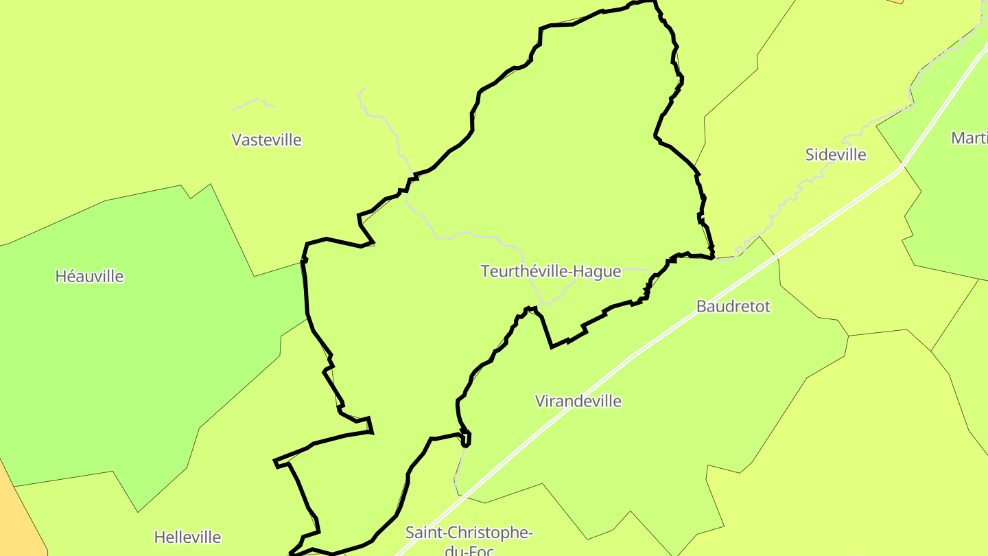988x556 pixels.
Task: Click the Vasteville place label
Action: click(x=266, y=140)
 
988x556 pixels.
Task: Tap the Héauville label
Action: click(x=89, y=277)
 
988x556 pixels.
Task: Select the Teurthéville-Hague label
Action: click(x=551, y=272)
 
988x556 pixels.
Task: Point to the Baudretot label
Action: click(x=733, y=307)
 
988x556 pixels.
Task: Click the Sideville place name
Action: click(x=835, y=155)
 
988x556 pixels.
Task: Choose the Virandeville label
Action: click(x=578, y=402)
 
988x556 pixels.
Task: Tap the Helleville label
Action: click(x=187, y=537)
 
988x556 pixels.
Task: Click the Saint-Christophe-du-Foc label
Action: click(x=469, y=533)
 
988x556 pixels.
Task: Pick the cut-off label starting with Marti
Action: click(x=969, y=138)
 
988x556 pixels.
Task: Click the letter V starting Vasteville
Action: click(x=237, y=140)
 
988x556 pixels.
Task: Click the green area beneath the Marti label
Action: click(x=954, y=206)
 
